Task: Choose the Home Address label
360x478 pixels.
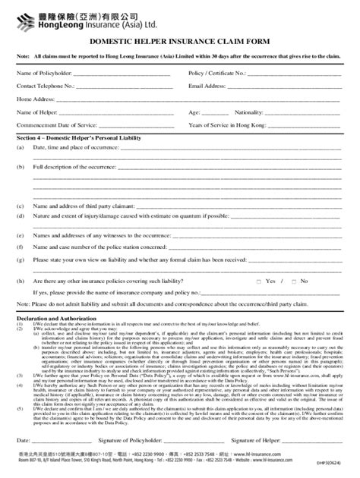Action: pos(35,99)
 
